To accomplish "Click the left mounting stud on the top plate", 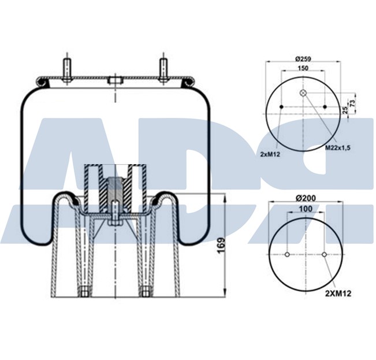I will coord(68,69).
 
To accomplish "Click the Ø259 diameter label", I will coord(303,58).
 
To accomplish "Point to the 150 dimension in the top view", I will coord(302,68).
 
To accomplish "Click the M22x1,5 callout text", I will coord(338,147).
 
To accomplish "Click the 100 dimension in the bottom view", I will coord(305,208).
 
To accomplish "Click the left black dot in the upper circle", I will coord(281,107).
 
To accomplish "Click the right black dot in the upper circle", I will coord(325,107).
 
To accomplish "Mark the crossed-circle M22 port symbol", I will coord(303,94).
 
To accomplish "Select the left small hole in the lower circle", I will coord(287,254).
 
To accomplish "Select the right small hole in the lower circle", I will coord(324,254).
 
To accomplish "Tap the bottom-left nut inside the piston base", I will coord(85,291).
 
